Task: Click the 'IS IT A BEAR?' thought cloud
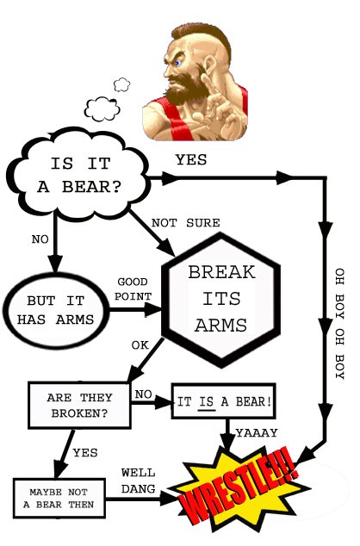click(79, 177)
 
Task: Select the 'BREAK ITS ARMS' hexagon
click(221, 300)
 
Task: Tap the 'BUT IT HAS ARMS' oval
click(56, 310)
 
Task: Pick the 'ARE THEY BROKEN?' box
click(79, 406)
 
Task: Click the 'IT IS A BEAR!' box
click(224, 401)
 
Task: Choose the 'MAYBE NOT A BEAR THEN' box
click(59, 499)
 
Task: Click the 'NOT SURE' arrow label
click(185, 223)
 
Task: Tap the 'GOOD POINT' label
click(133, 289)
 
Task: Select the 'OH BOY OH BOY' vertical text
click(339, 324)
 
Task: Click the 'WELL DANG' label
click(138, 481)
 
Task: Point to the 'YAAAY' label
click(257, 433)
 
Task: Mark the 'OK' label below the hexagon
click(140, 345)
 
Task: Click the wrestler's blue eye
click(178, 63)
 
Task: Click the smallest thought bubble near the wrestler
click(121, 84)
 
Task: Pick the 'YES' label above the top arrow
click(191, 160)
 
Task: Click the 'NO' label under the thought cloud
click(40, 239)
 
